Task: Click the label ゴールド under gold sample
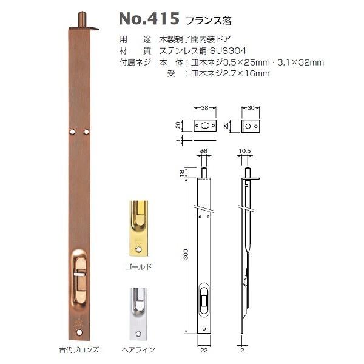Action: point(140,266)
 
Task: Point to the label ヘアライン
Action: point(140,350)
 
